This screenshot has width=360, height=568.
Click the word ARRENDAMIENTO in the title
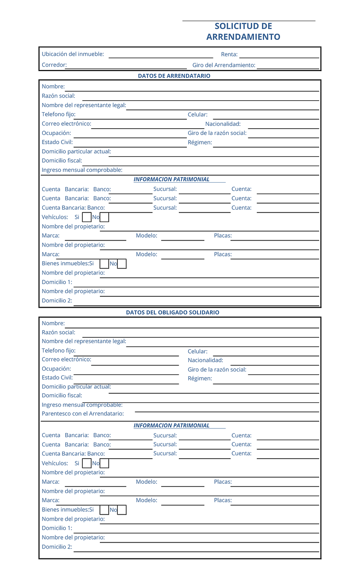pos(243,37)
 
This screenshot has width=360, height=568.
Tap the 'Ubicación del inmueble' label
pos(73,54)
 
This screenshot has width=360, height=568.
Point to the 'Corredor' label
pos(54,65)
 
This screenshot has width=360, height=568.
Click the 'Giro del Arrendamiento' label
pos(224,65)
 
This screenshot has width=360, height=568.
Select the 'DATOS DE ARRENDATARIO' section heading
pos(174,76)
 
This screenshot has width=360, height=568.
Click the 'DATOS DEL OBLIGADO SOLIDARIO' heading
pos(173,312)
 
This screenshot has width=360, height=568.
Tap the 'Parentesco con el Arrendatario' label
pos(83,414)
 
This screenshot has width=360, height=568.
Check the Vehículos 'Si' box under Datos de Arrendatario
pos(87,217)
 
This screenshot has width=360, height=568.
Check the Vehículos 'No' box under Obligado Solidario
pos(105,463)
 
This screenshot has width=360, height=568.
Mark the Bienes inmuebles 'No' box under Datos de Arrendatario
pos(122,264)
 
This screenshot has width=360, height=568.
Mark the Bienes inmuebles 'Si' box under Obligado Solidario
pos(104,510)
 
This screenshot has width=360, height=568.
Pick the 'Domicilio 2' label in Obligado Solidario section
pos(57,547)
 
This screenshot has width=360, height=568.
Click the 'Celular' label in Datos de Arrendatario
pos(198,115)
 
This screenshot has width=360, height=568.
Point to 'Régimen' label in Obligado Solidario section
pos(200,379)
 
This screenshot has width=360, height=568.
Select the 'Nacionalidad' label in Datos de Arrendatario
pos(223,124)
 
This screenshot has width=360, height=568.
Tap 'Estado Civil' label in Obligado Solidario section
pos(57,378)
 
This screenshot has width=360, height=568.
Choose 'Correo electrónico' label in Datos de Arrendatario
pos(66,124)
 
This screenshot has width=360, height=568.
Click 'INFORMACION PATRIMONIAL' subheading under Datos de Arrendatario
pos(171,179)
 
